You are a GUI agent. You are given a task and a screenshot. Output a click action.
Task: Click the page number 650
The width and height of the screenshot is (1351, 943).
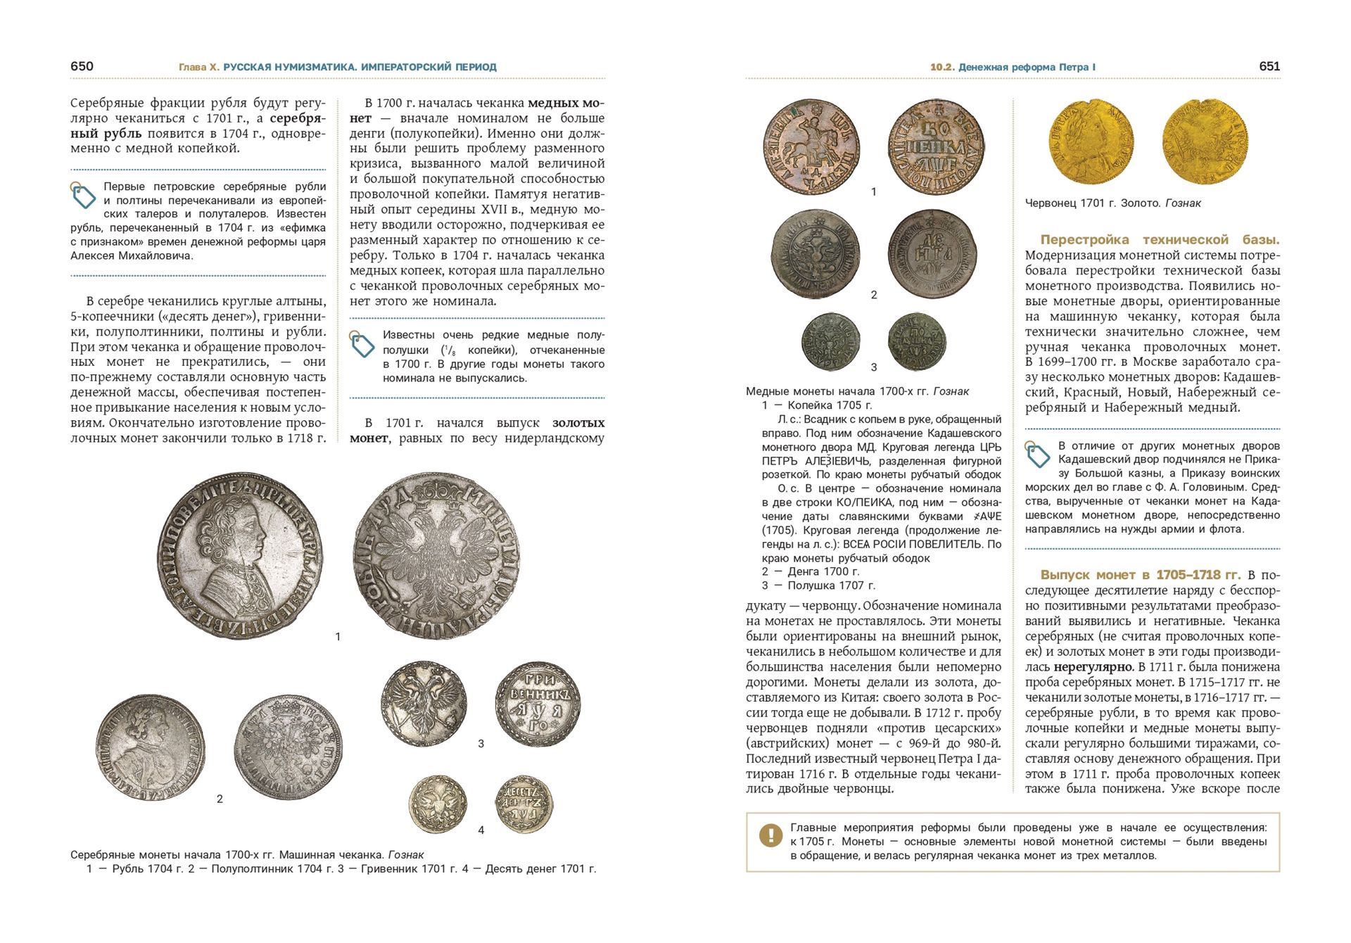pos(82,66)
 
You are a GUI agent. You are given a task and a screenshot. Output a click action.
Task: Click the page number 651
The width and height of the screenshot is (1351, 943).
pos(1269,66)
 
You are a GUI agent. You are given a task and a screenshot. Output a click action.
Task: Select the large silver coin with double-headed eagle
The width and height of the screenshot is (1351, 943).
pos(436,555)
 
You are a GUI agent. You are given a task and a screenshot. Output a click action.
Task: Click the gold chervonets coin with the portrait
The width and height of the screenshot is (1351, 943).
pos(1091,141)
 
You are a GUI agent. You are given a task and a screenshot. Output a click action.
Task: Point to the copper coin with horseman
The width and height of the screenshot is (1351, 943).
pos(812,146)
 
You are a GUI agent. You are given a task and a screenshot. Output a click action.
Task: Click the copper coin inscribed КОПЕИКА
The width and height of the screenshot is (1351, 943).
pos(936,146)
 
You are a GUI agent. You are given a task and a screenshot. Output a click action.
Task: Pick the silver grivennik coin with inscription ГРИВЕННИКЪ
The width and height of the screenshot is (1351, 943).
pos(538,704)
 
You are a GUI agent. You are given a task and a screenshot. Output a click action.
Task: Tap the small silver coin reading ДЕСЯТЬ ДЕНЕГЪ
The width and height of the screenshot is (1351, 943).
pos(524,804)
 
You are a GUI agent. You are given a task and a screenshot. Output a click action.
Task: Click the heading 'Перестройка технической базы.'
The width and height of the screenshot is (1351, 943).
pos(1160,239)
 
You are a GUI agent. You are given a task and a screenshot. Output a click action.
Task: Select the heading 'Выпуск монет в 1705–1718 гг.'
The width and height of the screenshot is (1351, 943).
pos(1140,575)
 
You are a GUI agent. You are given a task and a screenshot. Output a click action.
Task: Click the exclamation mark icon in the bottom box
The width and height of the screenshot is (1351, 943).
pos(770,835)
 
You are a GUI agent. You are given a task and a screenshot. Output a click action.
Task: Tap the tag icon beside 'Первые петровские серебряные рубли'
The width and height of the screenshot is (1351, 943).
pos(83,195)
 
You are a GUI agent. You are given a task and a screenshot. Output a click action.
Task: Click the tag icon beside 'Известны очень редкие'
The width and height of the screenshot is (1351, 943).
pos(362,343)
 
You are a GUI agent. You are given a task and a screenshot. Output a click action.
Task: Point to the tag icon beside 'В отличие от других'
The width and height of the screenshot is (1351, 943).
pos(1037,455)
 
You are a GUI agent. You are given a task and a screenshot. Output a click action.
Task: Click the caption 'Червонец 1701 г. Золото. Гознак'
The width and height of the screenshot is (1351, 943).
pos(1112,203)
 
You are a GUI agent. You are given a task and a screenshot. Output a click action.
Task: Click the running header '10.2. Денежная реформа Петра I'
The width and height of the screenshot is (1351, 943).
pos(1013,67)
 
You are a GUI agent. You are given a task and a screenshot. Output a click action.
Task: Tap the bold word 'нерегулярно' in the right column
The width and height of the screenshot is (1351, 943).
pos(1093,667)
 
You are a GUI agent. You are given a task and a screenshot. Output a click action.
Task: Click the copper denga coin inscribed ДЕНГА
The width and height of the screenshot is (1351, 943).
pos(932,253)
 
